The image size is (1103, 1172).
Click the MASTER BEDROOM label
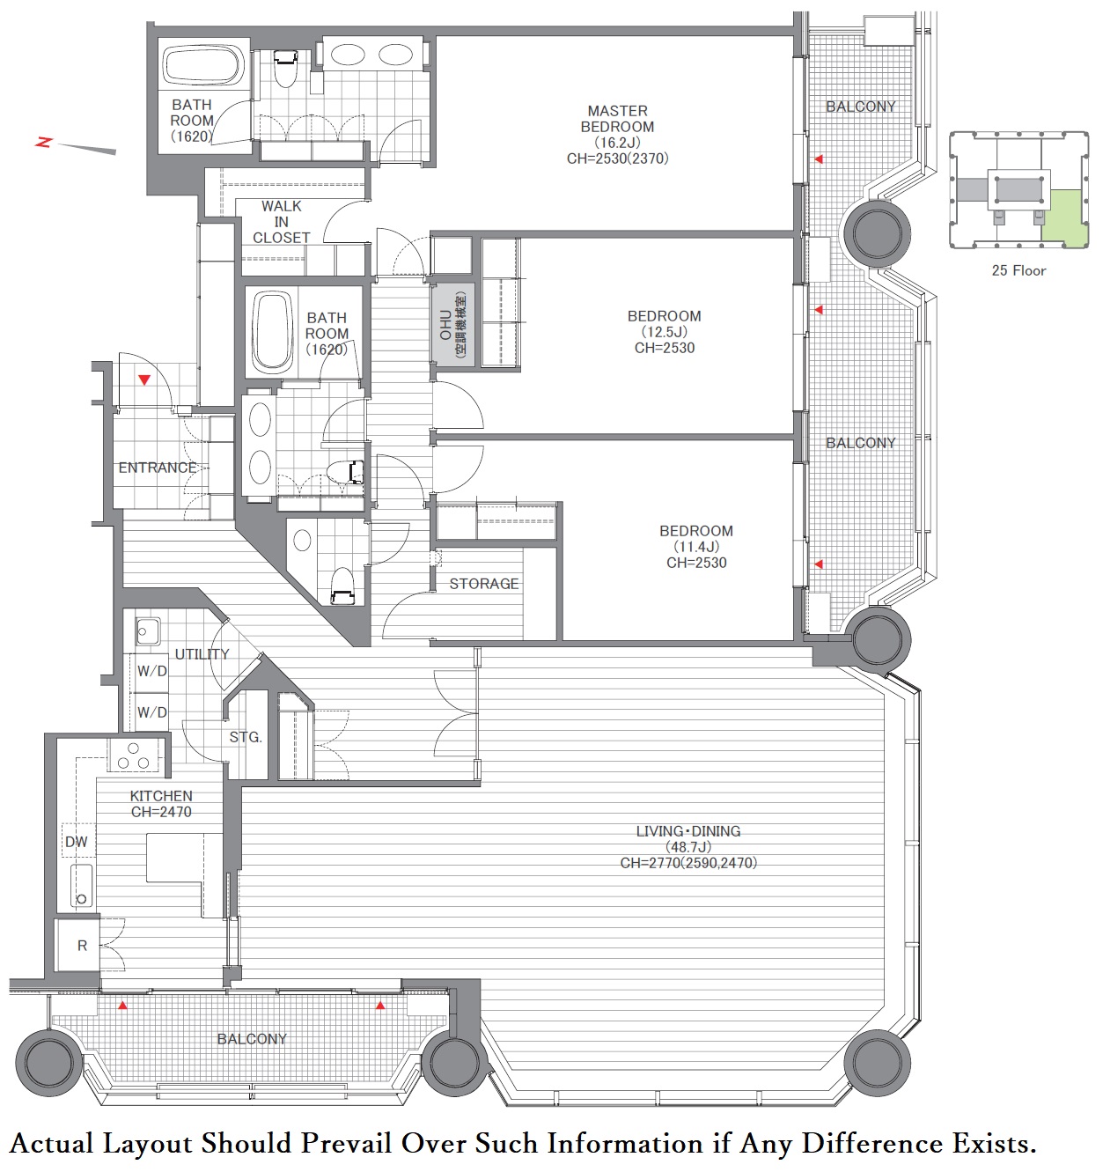click(x=617, y=135)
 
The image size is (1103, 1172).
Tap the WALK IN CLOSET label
click(x=282, y=222)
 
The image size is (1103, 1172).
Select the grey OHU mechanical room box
click(x=452, y=325)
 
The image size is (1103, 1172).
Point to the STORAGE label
click(x=484, y=584)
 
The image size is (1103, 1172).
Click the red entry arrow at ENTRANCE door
click(x=144, y=380)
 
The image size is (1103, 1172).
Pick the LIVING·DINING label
click(x=688, y=847)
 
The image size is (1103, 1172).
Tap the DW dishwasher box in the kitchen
click(x=77, y=842)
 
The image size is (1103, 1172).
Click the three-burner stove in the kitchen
click(x=134, y=756)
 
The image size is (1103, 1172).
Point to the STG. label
click(x=246, y=737)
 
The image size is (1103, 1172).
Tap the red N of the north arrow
click(x=44, y=142)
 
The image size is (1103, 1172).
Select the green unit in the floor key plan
click(x=1064, y=219)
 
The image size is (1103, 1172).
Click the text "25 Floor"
click(x=1018, y=271)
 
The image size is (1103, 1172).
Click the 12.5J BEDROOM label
click(x=665, y=332)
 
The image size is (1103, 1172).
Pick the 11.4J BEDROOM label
click(x=696, y=547)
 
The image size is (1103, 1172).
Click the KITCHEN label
click(x=161, y=804)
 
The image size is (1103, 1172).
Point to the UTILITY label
click(x=202, y=654)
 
